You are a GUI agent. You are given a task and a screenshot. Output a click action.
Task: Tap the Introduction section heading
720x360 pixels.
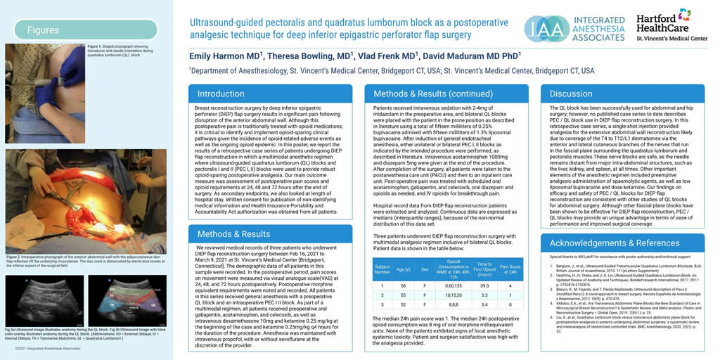221,94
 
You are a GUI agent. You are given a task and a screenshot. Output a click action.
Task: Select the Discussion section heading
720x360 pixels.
571,94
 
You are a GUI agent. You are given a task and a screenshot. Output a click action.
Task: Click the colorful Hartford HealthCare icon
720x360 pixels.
684,15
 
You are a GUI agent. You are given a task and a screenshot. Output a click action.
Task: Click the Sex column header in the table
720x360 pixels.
424,268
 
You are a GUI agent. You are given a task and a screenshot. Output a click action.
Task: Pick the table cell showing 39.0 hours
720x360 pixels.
484,286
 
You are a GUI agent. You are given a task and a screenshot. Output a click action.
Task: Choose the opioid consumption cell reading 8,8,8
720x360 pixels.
453,304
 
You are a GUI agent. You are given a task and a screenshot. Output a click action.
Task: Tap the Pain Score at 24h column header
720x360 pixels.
509,268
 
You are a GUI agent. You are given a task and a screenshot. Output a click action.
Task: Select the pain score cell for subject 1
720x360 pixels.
509,286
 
